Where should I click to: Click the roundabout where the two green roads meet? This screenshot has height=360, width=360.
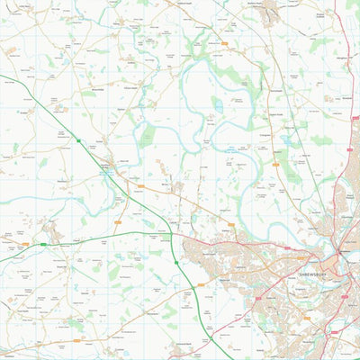coord(172,237)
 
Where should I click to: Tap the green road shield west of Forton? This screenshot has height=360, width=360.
coord(79,141)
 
